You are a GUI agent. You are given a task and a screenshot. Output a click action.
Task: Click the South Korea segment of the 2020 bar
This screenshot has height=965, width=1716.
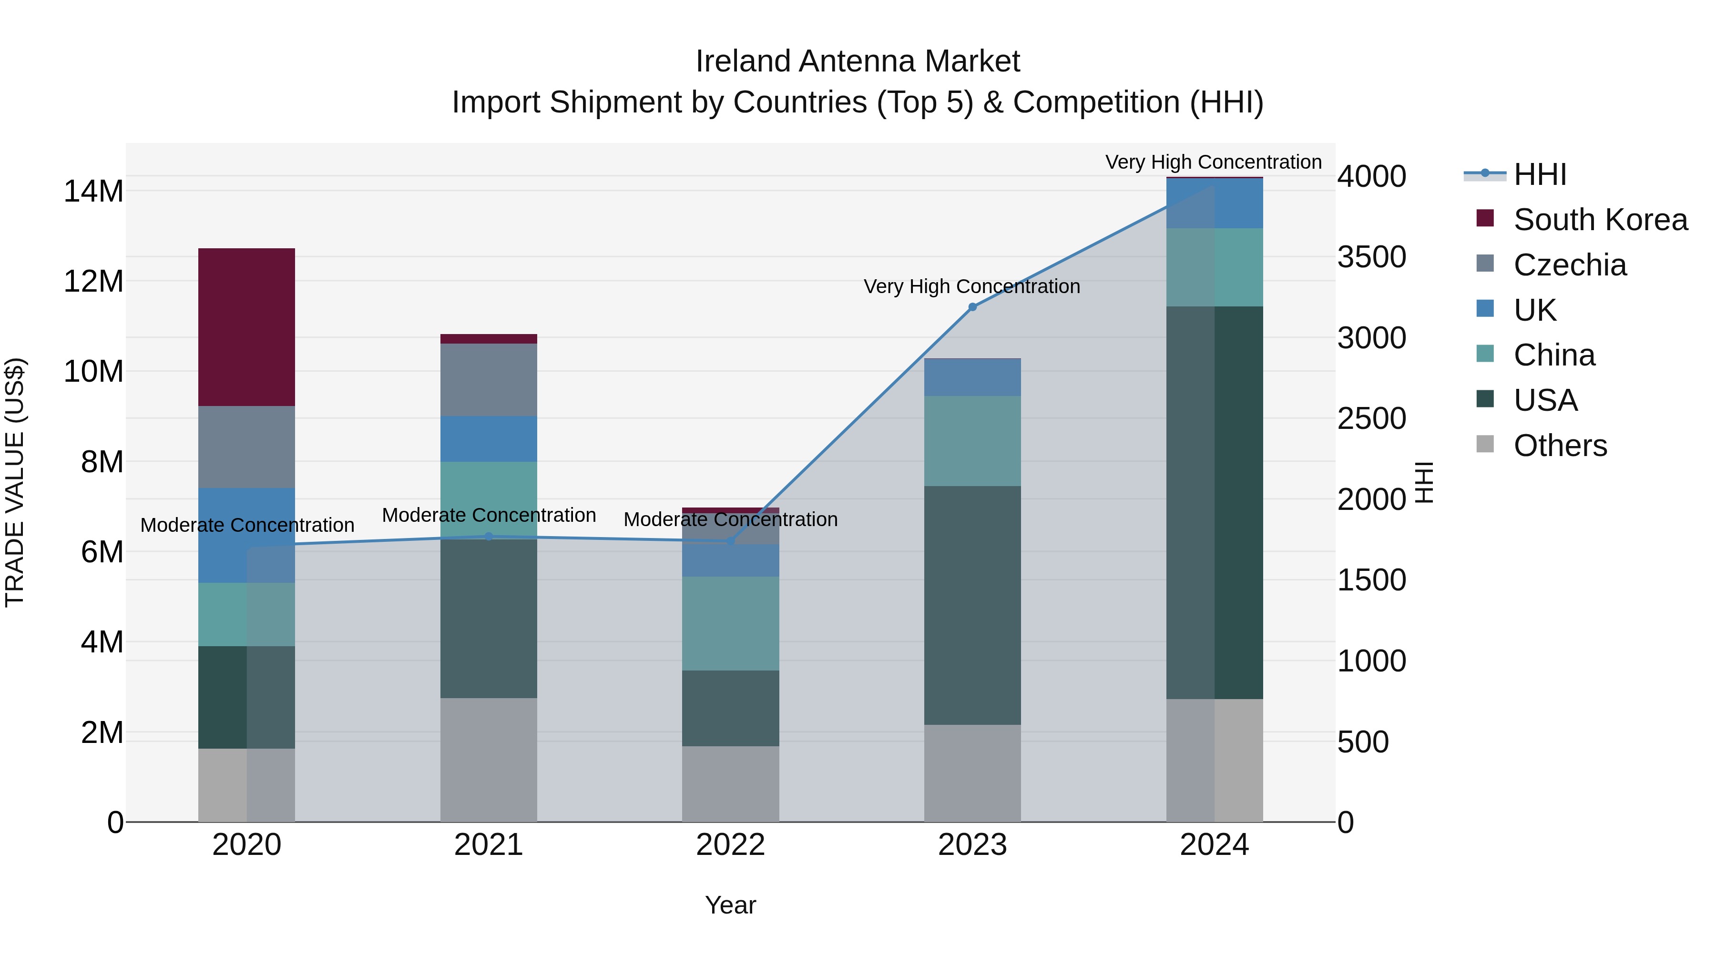(x=246, y=327)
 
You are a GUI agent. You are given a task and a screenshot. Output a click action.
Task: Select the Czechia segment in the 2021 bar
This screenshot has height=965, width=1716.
(x=488, y=380)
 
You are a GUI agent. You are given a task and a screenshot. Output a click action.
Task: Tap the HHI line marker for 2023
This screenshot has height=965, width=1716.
(x=972, y=307)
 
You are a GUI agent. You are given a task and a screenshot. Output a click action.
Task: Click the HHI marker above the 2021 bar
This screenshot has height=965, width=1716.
(x=488, y=536)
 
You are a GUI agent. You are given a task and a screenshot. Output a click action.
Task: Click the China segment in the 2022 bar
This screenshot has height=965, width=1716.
(x=730, y=623)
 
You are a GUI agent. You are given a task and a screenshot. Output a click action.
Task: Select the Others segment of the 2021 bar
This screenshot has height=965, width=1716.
(x=488, y=759)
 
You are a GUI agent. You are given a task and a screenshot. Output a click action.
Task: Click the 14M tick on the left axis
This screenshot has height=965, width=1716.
(x=93, y=191)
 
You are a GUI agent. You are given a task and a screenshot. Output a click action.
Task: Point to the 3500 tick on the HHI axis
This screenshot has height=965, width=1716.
(x=1371, y=257)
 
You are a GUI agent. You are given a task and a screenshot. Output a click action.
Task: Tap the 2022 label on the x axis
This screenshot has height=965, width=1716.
(x=730, y=845)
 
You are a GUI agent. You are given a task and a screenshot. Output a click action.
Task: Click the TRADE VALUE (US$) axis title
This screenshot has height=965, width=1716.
(x=15, y=482)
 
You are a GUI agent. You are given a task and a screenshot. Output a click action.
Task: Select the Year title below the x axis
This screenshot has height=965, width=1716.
(x=730, y=905)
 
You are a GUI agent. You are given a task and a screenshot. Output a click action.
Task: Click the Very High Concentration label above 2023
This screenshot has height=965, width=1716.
(x=972, y=286)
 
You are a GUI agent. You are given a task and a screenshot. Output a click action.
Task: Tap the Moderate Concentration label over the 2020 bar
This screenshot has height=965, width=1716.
(x=247, y=525)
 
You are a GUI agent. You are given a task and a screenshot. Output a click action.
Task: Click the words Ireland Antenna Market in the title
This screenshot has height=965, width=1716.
(x=858, y=61)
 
